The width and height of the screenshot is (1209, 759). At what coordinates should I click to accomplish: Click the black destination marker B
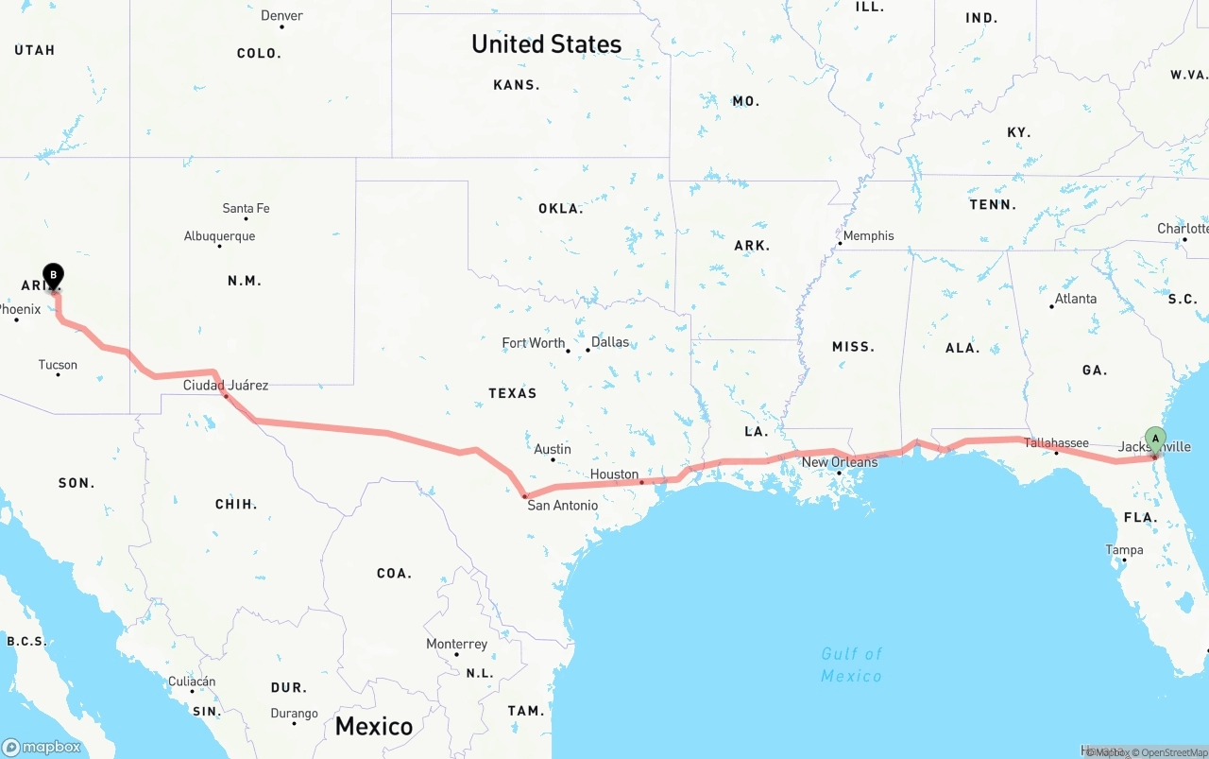pos(54,276)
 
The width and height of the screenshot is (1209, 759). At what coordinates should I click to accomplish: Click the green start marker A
pos(1155,439)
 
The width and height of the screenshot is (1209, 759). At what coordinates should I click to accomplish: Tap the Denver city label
pos(281,15)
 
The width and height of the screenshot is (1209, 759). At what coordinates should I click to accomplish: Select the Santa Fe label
pos(246,208)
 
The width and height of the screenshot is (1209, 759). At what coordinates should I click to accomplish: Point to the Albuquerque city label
pos(219,236)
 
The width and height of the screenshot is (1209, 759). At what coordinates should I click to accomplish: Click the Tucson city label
pos(58,365)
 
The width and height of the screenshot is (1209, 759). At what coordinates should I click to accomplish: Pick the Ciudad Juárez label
pos(226,385)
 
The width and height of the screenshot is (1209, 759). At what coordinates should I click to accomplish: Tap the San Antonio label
pos(562,506)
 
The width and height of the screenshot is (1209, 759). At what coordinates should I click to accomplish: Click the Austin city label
pos(553,449)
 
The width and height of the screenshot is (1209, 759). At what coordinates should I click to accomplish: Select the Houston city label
pos(614,474)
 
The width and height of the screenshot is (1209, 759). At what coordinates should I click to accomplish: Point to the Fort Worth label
pos(534,343)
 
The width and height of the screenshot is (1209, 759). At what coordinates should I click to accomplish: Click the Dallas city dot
pos(587,350)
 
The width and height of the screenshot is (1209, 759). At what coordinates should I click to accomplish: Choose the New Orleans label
pos(839,462)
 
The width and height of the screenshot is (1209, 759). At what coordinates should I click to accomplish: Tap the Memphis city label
pos(868,235)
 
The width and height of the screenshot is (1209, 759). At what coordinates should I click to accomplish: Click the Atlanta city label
pos(1076,299)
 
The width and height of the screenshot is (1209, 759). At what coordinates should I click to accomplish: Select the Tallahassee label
pos(1056,442)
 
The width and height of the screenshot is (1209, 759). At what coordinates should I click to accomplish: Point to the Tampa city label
pos(1124,550)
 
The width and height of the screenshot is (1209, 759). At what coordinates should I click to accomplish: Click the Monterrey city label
pos(456,644)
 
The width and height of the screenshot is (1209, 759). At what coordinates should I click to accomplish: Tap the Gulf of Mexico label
pos(851,664)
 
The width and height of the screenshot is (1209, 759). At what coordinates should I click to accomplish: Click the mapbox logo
pos(42,747)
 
